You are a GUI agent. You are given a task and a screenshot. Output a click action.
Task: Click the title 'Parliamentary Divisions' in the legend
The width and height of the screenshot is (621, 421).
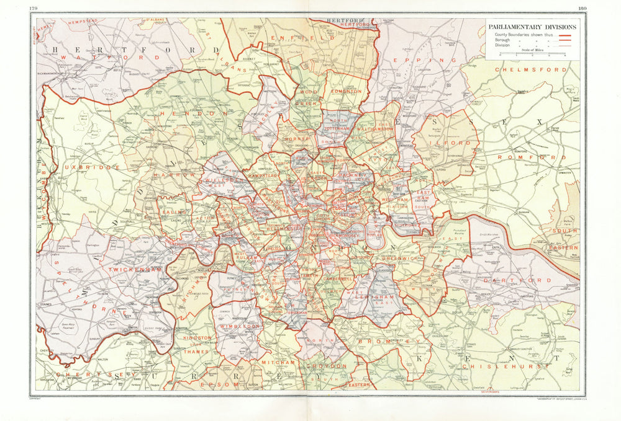click(532, 27)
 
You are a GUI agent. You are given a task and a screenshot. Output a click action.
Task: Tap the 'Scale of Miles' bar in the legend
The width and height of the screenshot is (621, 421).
click(532, 54)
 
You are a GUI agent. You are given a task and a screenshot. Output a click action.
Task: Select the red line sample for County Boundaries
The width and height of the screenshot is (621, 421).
click(565, 35)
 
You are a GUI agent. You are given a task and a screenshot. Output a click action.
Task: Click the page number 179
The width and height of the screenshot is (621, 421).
click(41, 7)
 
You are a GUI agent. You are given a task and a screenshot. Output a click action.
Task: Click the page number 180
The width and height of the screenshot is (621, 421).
click(581, 7)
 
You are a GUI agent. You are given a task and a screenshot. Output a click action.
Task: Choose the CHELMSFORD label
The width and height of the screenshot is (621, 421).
click(531, 70)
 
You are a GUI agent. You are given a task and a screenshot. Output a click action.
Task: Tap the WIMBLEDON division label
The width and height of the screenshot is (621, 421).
click(238, 326)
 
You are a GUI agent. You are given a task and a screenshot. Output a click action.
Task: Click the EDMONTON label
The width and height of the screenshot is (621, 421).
click(346, 91)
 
